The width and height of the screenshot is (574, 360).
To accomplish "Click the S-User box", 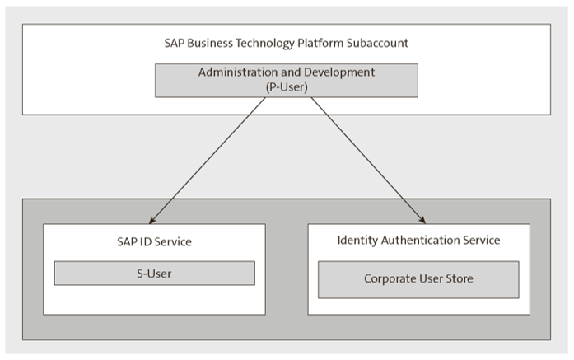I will (x=155, y=274).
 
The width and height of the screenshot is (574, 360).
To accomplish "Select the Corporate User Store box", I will (x=418, y=279).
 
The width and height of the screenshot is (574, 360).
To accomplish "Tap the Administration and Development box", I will (x=287, y=79).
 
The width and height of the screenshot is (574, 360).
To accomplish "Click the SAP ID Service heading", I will (x=155, y=242).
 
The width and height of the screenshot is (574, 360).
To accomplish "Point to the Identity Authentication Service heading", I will (x=418, y=241).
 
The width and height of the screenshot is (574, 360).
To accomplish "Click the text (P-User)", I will (x=287, y=86).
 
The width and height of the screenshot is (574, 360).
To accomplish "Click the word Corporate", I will (x=390, y=279).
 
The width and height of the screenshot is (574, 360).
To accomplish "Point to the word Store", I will (x=458, y=279).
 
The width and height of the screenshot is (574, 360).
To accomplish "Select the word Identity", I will (x=359, y=241).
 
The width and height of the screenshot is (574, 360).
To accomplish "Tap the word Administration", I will (x=234, y=72).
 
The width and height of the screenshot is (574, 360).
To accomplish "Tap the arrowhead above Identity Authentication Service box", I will (x=421, y=220).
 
